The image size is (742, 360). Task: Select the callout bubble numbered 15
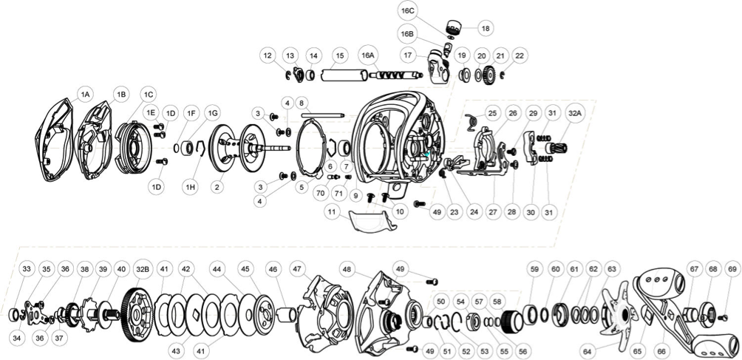(x=339, y=55)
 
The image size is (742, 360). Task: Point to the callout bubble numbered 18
(x=485, y=28)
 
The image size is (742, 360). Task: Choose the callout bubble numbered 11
(x=333, y=212)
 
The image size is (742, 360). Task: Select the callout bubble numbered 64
(x=588, y=352)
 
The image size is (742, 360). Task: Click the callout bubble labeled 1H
(x=191, y=188)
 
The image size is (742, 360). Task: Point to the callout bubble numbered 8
(x=302, y=102)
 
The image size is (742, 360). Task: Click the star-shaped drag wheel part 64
(x=617, y=314)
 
